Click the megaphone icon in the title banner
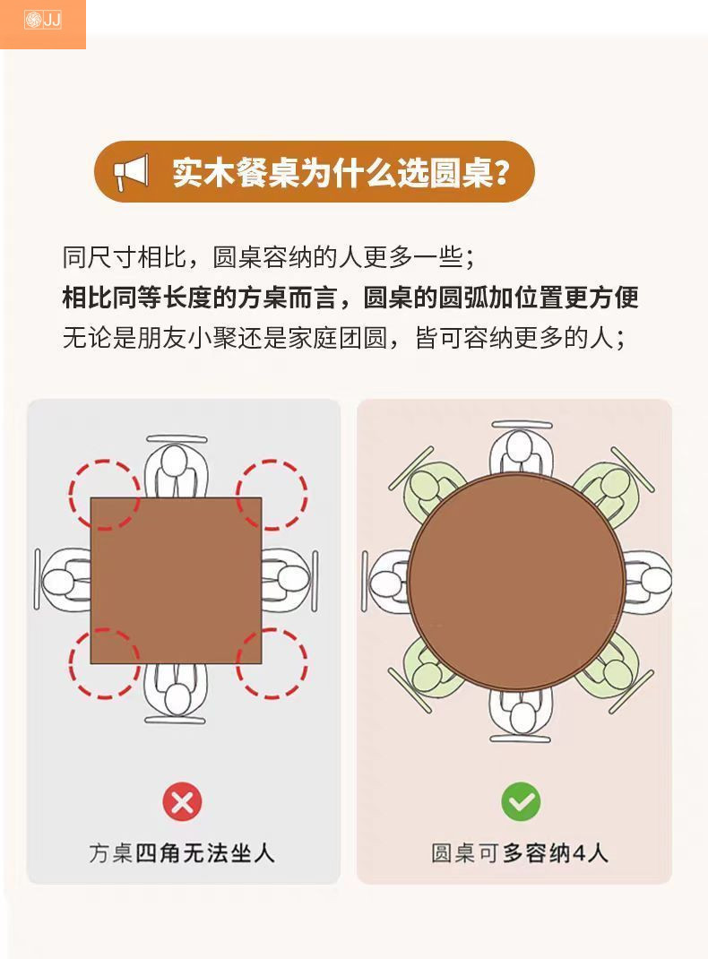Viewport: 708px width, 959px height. pos(131,171)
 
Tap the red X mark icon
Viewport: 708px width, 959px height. pos(182,802)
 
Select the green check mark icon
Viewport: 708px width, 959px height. pos(521,802)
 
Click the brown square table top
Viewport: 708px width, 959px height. pos(176,581)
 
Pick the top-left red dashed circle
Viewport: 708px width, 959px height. pos(105,495)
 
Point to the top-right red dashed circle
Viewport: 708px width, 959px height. pos(272,495)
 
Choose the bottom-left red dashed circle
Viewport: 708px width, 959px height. pos(105,664)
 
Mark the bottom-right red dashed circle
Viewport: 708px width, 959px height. pos(272,664)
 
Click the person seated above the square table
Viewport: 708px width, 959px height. pos(176,468)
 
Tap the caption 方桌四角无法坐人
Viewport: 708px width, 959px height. pos(182,852)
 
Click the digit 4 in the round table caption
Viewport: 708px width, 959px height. pos(578,852)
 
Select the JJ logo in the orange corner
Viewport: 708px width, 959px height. pos(42,19)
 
